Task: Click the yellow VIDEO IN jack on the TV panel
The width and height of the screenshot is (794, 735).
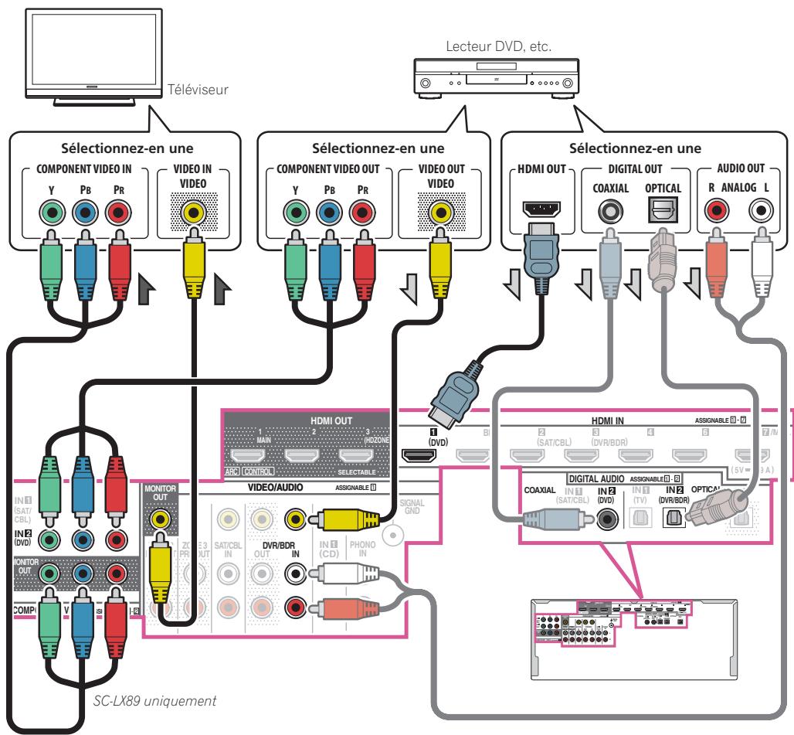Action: coord(188,212)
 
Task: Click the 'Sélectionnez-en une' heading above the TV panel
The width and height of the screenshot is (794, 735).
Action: coord(122,147)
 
